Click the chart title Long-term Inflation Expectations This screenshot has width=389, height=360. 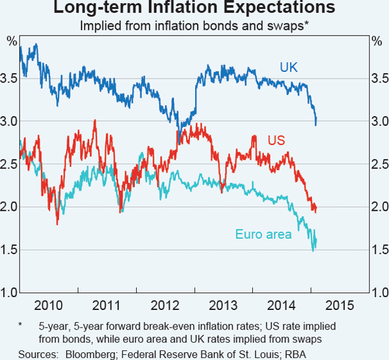(194, 9)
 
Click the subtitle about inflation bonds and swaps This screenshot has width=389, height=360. (194, 27)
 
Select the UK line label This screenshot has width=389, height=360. (289, 67)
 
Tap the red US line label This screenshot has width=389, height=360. (276, 141)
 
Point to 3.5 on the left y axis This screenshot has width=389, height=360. (10, 78)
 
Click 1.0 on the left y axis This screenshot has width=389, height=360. (10, 293)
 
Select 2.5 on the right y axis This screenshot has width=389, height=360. (379, 164)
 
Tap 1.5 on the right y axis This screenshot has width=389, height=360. (379, 250)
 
